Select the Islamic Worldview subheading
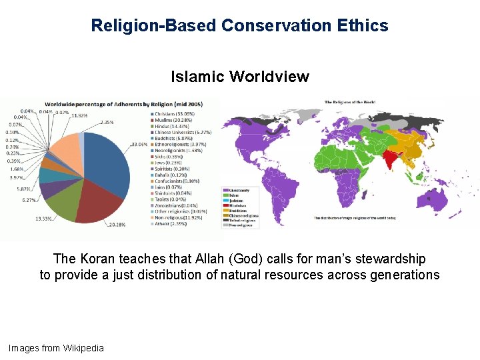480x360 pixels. [x=240, y=77]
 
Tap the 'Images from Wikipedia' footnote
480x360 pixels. [x=56, y=348]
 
